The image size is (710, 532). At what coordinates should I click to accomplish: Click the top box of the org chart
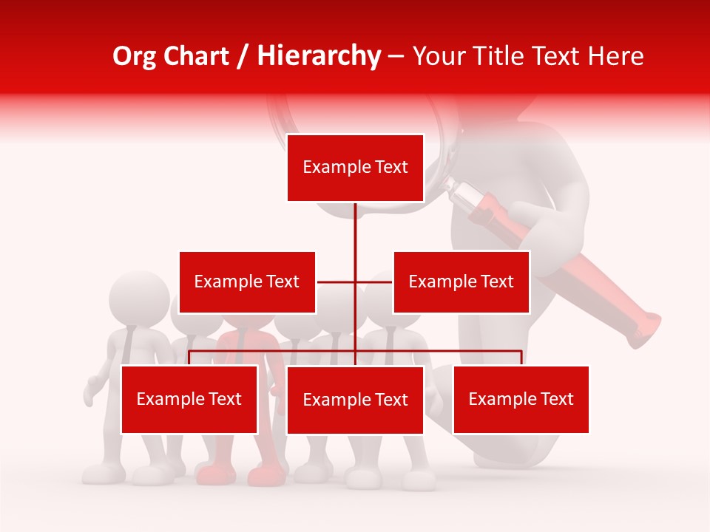point(355,168)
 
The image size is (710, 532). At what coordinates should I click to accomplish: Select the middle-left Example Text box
point(247,282)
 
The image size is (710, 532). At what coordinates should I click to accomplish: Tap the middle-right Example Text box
point(461,282)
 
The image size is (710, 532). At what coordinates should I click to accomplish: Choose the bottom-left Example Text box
point(189,399)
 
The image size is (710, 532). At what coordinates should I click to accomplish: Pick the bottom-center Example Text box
point(355,400)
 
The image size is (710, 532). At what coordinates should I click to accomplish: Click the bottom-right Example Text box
point(521,399)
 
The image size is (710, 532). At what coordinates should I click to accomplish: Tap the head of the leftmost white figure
point(138,296)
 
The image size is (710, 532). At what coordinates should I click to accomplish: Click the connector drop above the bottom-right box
point(521,358)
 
